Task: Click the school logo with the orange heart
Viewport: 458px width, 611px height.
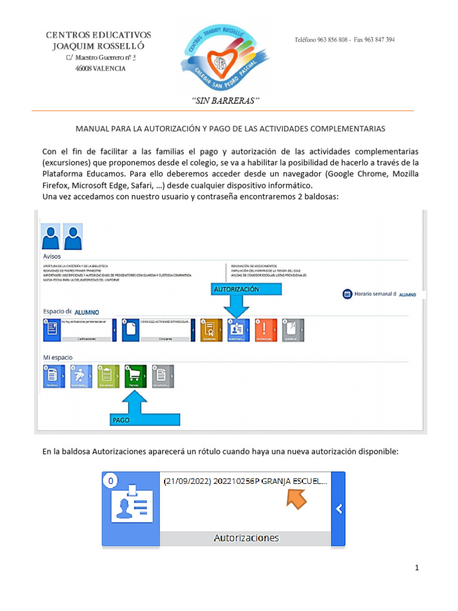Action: pyautogui.click(x=221, y=57)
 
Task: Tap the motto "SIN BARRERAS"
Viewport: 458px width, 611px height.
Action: pyautogui.click(x=225, y=100)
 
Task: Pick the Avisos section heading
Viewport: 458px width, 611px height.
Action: pyautogui.click(x=52, y=256)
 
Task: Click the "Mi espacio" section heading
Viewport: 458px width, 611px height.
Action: pyautogui.click(x=58, y=357)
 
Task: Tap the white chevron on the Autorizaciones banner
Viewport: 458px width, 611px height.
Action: pyautogui.click(x=338, y=509)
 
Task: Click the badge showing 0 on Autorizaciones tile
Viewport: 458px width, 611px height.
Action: pyautogui.click(x=110, y=479)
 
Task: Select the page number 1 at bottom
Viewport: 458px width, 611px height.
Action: pyautogui.click(x=417, y=568)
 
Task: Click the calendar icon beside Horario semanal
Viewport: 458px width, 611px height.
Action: pyautogui.click(x=347, y=294)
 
